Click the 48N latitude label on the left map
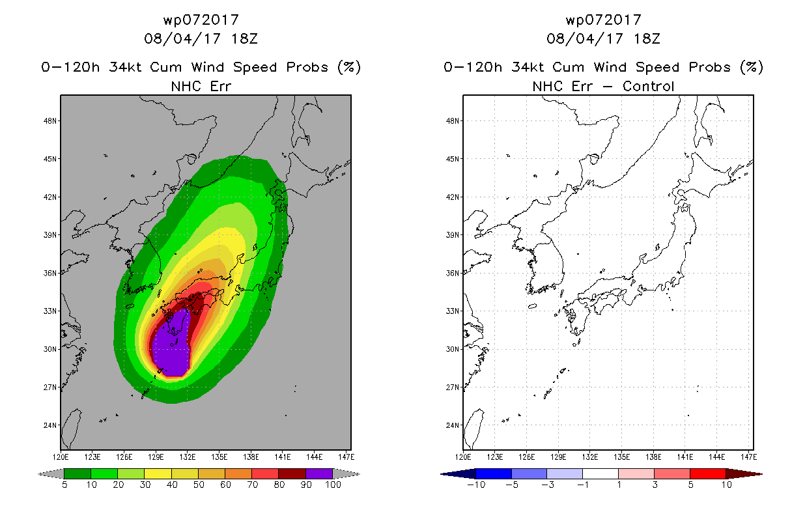pyautogui.click(x=50, y=120)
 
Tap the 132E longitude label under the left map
pyautogui.click(x=188, y=457)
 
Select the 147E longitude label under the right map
pyautogui.click(x=749, y=457)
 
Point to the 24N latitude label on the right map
pyautogui.click(x=453, y=425)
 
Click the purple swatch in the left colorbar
pyautogui.click(x=319, y=473)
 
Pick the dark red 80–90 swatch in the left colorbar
pyautogui.click(x=292, y=473)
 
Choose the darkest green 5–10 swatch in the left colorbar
pyautogui.click(x=78, y=473)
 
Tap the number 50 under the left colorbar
pyautogui.click(x=199, y=485)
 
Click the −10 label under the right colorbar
pyautogui.click(x=476, y=485)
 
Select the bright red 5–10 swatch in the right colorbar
pyautogui.click(x=708, y=473)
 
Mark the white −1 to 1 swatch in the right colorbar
pyautogui.click(x=600, y=473)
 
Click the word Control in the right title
pyautogui.click(x=648, y=86)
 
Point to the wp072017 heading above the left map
pyautogui.click(x=201, y=20)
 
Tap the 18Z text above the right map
pyautogui.click(x=647, y=38)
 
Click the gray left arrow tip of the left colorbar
pyautogui.click(x=39, y=474)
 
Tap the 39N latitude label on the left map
pyautogui.click(x=50, y=235)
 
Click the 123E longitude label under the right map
pyautogui.click(x=495, y=457)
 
